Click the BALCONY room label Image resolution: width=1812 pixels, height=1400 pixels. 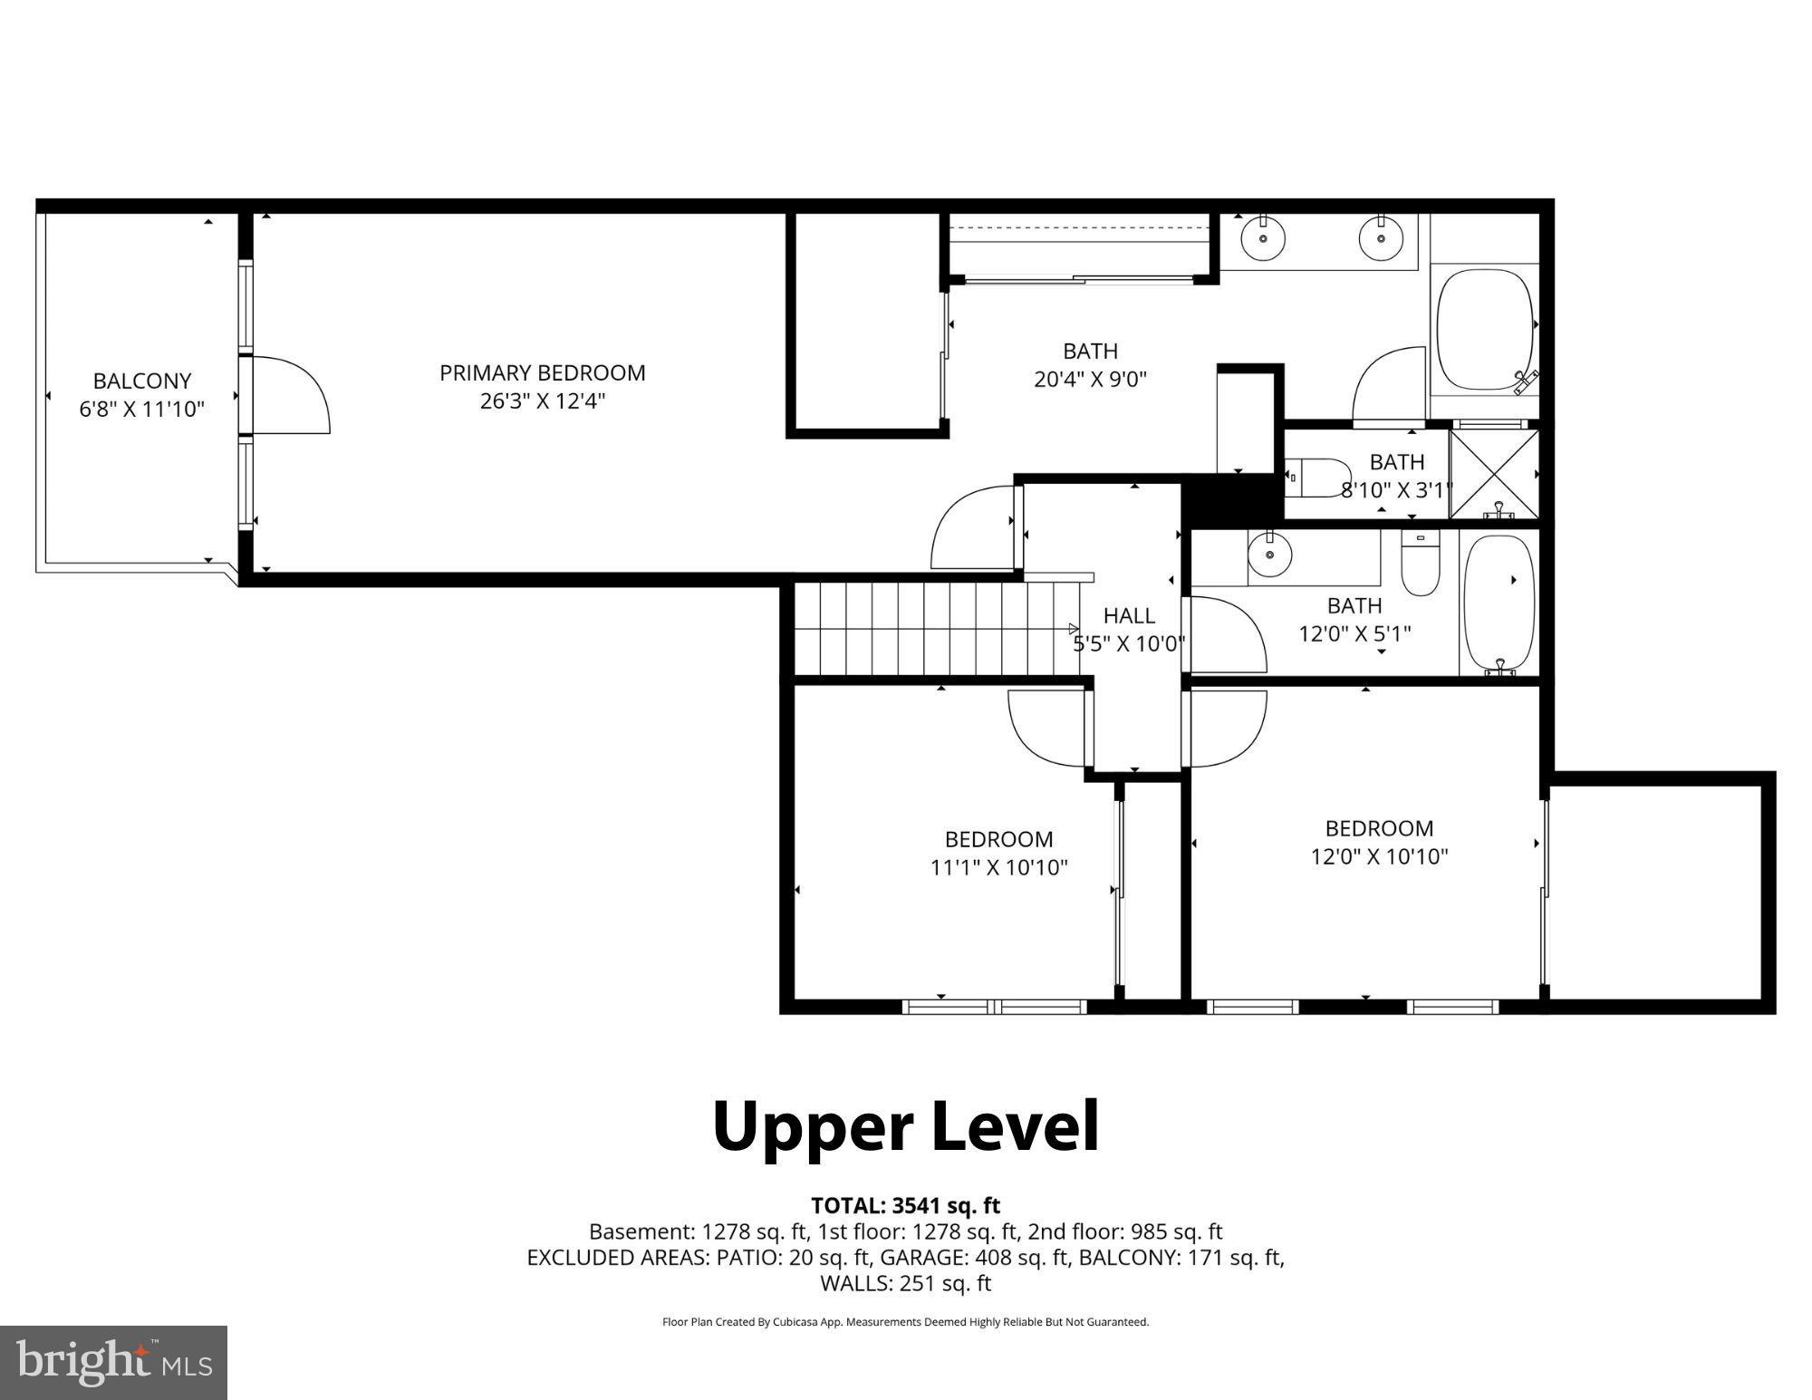coord(142,381)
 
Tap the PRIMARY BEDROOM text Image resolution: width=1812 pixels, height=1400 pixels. coord(542,372)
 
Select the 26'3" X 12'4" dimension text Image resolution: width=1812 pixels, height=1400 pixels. coord(542,401)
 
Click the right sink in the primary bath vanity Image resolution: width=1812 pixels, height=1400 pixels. coord(1381,239)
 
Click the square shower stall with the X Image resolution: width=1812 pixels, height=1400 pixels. coord(1494,474)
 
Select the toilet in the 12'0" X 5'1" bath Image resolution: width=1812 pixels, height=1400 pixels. coord(1420,562)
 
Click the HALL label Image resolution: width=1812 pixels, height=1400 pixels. coord(1129,616)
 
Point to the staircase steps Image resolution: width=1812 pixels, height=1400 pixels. coord(933,629)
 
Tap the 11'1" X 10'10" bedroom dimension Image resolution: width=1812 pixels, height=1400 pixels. coord(998,867)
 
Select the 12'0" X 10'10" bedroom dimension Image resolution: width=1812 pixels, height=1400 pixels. coord(1379,856)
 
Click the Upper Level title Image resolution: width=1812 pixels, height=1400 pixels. coord(905,1126)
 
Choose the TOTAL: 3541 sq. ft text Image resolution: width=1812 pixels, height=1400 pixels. coord(905,1206)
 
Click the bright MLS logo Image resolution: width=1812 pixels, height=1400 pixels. coord(113,1362)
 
